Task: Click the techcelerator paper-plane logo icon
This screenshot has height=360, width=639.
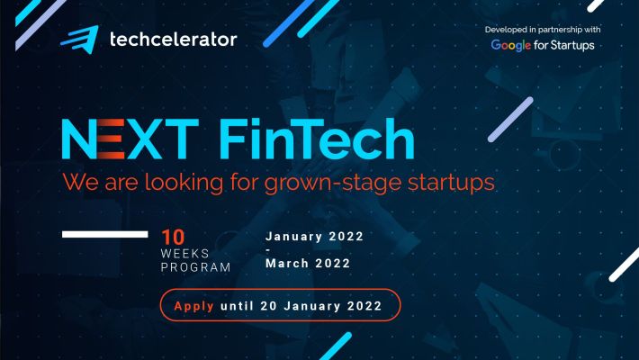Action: (x=80, y=39)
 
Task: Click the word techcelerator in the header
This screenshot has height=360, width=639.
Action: (x=173, y=40)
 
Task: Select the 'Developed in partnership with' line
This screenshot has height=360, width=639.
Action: (x=543, y=30)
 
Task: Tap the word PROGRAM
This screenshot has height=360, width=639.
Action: (x=195, y=267)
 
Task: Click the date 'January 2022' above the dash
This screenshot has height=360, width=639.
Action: (x=314, y=237)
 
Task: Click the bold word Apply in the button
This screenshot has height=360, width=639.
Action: (x=193, y=306)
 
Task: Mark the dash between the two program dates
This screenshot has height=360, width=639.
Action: (x=268, y=251)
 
